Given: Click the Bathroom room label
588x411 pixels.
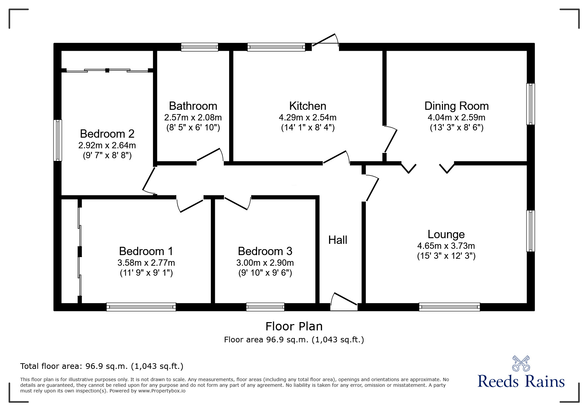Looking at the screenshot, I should point(193,106).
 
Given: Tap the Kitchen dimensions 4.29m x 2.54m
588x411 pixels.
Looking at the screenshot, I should point(307,117).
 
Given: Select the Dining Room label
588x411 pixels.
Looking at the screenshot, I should point(456,106).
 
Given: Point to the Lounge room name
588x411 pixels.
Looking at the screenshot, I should point(446,234).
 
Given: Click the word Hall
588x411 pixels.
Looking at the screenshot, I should point(338,240).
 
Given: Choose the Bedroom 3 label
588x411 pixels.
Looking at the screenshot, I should point(265,251).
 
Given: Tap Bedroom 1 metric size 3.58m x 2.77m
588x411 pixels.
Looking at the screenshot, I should point(146,263).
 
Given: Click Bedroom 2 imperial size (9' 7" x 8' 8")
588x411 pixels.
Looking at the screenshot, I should point(107,155).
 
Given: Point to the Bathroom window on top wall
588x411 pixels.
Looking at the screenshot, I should point(200,47).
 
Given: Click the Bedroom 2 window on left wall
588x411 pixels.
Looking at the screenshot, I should point(58,140).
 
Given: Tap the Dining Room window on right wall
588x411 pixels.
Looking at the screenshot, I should point(531,104).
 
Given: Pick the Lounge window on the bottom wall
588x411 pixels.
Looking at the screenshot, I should point(449,307).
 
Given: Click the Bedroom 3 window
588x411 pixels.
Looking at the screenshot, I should point(265,307).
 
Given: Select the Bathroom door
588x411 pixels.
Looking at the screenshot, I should point(210,157).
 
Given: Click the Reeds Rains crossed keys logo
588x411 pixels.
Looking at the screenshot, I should point(521,364).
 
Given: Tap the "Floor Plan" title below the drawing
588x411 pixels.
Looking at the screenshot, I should point(294,326).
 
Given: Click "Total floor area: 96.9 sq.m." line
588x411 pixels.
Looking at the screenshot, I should point(102,366).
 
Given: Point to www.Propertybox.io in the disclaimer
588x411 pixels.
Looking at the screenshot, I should point(162,391).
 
